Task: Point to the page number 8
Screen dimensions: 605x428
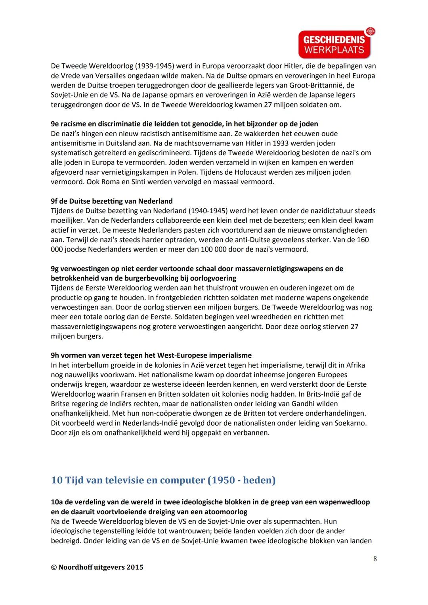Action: [x=375, y=559]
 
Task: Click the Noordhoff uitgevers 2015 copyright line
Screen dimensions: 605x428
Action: [x=97, y=567]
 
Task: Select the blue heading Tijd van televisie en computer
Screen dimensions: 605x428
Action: [x=163, y=480]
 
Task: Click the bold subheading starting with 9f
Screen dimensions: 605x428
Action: [x=112, y=201]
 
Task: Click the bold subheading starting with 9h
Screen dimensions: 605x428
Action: [x=151, y=355]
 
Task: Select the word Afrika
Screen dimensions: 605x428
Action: [x=355, y=365]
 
